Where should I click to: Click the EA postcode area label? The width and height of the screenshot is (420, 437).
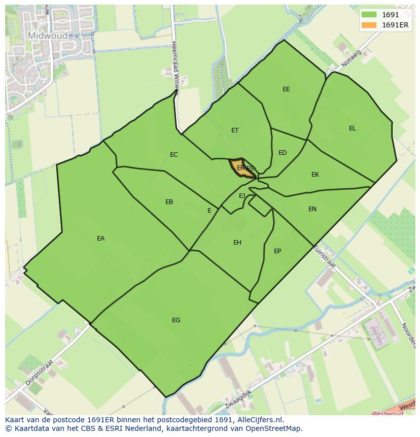click(x=100, y=239)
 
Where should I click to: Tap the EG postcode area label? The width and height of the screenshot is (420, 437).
click(x=176, y=320)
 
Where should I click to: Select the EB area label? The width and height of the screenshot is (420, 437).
click(x=169, y=202)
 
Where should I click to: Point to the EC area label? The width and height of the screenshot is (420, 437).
click(x=174, y=155)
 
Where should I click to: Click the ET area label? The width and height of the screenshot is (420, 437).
click(x=235, y=130)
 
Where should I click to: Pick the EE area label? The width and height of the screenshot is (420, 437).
click(x=286, y=89)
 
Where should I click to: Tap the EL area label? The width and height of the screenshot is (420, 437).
click(x=353, y=128)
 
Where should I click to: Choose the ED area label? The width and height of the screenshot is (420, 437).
click(x=283, y=153)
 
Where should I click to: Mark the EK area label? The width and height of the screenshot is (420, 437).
click(x=316, y=175)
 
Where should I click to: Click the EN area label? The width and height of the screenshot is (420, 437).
click(x=312, y=209)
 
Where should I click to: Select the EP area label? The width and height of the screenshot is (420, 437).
click(x=277, y=251)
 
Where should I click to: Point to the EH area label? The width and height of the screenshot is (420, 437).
click(x=237, y=243)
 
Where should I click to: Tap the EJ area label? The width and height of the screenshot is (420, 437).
click(x=242, y=196)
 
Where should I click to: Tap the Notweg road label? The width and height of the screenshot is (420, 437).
click(x=351, y=60)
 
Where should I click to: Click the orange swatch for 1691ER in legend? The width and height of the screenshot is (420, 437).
click(x=369, y=25)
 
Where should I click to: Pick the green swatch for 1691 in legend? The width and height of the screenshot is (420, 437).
click(x=369, y=15)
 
